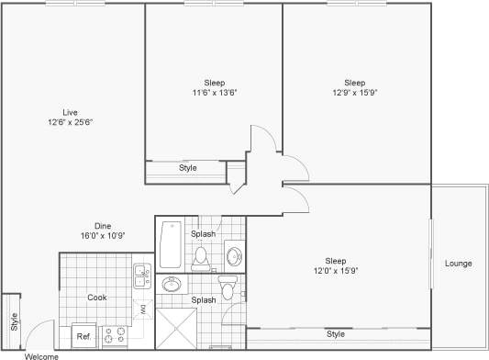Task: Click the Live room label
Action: coord(57,111)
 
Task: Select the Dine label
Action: coord(103,225)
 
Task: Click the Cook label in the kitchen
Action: coord(97,297)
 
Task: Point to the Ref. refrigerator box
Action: coord(83,335)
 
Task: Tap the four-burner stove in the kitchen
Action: coord(114,336)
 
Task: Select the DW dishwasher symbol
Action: coord(144,309)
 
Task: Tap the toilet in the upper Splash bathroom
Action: coord(202,255)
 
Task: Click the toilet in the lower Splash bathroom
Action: coord(230,286)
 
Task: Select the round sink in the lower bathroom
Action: coord(170,286)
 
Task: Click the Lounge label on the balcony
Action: coord(458,264)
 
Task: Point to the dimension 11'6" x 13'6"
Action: coord(215,93)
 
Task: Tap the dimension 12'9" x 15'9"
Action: coord(355,93)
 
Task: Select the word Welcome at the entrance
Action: coord(41,355)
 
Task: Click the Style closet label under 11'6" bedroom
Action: coord(187,168)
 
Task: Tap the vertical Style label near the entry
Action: coord(14,321)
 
